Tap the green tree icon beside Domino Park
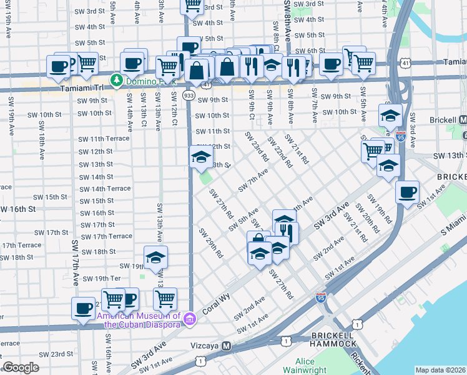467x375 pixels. click(116, 79)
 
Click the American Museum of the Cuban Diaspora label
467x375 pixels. click(139, 320)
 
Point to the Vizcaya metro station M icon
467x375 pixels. click(227, 346)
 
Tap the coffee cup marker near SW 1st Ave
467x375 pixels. click(408, 192)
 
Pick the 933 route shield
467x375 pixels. click(189, 94)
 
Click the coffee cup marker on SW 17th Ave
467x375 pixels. click(84, 308)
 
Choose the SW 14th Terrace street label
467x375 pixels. click(104, 189)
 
